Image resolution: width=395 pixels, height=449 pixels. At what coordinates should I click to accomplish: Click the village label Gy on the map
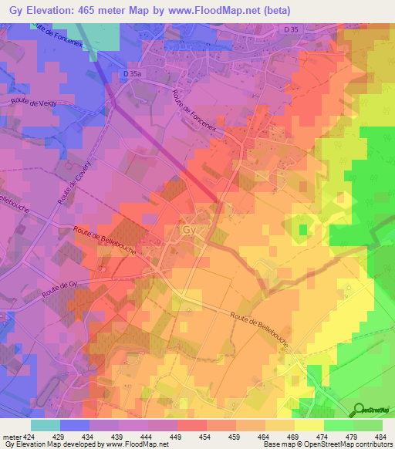188,230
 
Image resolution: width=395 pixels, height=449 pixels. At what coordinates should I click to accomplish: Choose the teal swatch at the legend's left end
46,425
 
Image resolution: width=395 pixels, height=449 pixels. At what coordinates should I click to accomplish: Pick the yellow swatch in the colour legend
309,425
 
